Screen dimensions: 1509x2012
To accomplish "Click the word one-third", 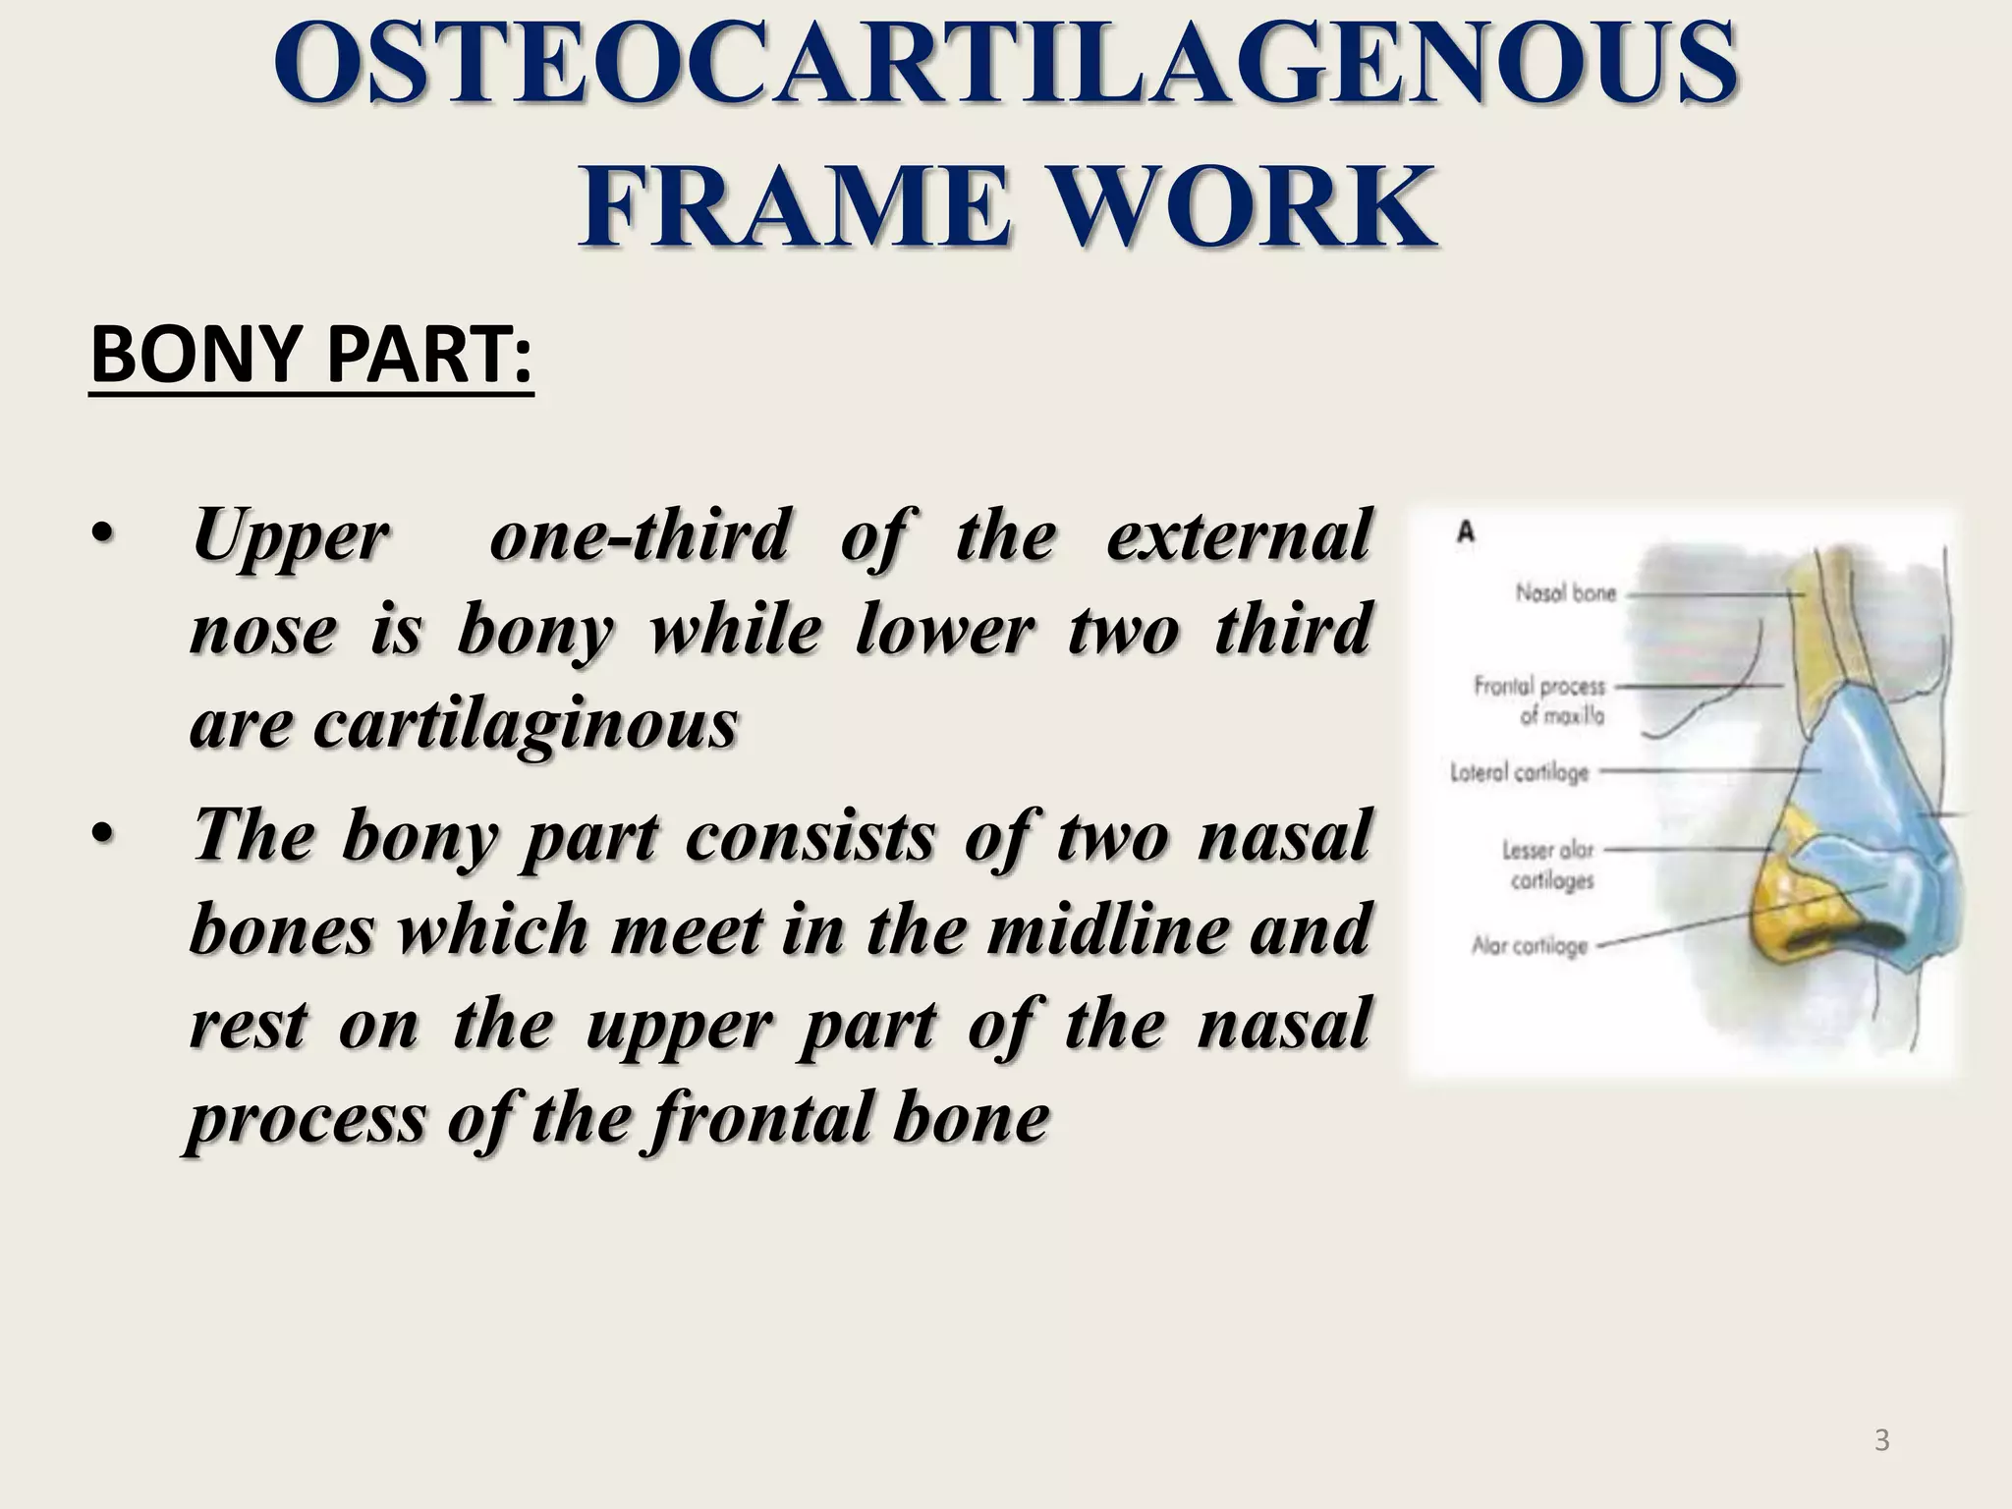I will click(x=639, y=535).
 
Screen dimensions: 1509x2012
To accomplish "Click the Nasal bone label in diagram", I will click(x=1565, y=593).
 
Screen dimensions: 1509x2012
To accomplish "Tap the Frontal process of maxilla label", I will click(x=1540, y=700).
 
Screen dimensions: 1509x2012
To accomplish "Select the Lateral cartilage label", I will click(x=1520, y=773).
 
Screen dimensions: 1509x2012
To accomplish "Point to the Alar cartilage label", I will click(x=1529, y=946).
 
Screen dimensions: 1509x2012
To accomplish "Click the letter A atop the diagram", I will click(x=1466, y=532).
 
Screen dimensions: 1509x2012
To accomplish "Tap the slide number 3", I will click(x=1881, y=1441).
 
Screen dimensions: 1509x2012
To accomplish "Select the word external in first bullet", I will click(x=1238, y=535).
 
